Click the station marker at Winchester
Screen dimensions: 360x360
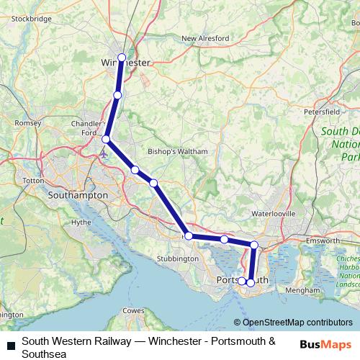point(122,58)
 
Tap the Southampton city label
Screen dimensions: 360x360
point(77,195)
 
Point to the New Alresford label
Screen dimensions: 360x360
point(205,38)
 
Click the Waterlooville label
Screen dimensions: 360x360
point(272,214)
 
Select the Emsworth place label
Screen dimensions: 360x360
point(322,239)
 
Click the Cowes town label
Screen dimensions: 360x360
point(134,310)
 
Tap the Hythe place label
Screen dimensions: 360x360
point(81,222)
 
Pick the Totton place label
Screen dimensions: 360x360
point(34,180)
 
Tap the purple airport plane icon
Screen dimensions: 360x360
point(105,153)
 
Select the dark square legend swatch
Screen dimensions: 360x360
point(10,345)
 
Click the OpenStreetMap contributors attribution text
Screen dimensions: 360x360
point(297,323)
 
